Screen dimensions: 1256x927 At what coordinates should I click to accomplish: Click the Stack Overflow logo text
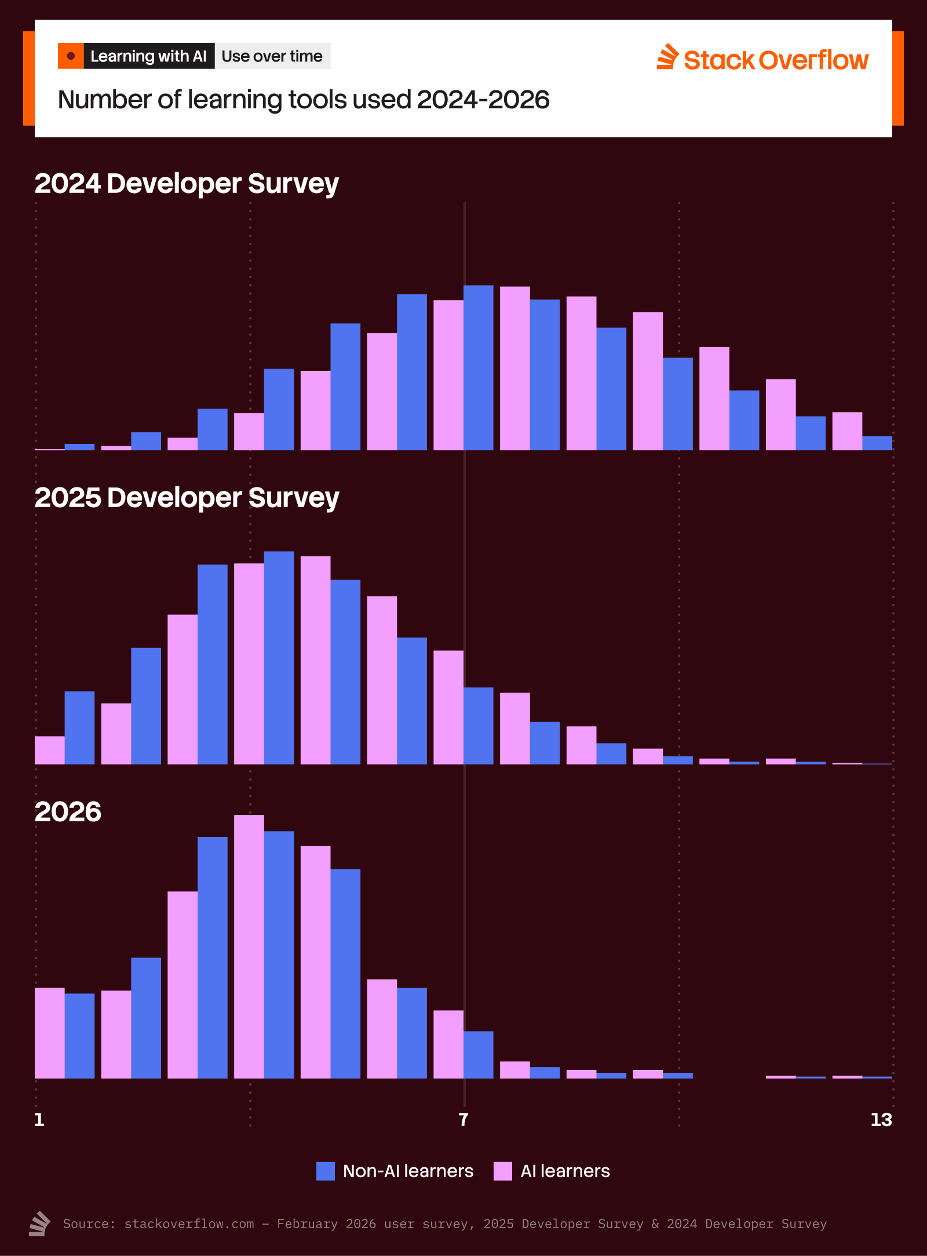pyautogui.click(x=776, y=60)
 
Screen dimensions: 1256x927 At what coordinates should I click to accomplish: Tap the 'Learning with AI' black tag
pyautogui.click(x=149, y=56)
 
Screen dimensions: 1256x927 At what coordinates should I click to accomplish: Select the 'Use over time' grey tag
pyautogui.click(x=272, y=56)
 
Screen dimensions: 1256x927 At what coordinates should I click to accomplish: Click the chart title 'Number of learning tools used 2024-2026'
pyautogui.click(x=304, y=100)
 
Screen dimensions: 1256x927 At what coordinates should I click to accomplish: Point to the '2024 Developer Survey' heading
pyautogui.click(x=187, y=184)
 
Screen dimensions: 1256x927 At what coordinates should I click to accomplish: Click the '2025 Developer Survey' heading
pyautogui.click(x=187, y=498)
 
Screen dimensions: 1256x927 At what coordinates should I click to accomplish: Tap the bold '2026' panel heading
pyautogui.click(x=68, y=812)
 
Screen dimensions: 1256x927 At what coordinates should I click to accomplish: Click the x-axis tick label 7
pyautogui.click(x=463, y=1119)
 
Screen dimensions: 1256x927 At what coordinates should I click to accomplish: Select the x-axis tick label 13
pyautogui.click(x=881, y=1119)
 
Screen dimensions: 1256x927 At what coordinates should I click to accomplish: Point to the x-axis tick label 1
pyautogui.click(x=39, y=1119)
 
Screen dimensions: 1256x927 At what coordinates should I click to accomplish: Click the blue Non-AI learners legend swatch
pyautogui.click(x=326, y=1171)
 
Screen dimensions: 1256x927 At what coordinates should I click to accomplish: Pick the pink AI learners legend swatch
pyautogui.click(x=503, y=1171)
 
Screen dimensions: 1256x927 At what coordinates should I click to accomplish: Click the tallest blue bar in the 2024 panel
pyautogui.click(x=479, y=368)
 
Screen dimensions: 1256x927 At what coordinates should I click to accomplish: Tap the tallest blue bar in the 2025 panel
pyautogui.click(x=279, y=658)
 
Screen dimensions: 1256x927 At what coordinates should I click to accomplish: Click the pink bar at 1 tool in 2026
pyautogui.click(x=50, y=1033)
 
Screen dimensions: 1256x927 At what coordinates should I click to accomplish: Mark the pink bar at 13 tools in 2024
pyautogui.click(x=847, y=431)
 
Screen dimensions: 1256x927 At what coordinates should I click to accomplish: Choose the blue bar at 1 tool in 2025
pyautogui.click(x=79, y=727)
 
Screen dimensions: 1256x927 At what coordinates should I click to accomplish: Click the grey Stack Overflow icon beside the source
pyautogui.click(x=40, y=1224)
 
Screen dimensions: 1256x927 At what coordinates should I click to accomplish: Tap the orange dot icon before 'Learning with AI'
pyautogui.click(x=71, y=56)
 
